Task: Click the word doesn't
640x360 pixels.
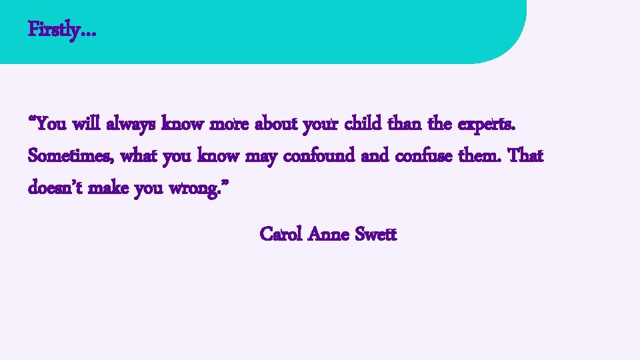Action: (53, 189)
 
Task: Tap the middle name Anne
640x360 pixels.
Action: (330, 235)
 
